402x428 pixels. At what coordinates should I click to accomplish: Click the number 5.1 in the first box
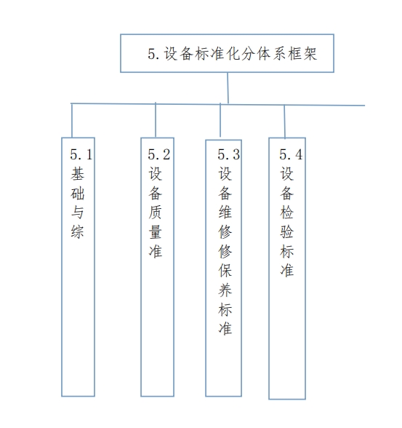click(x=81, y=154)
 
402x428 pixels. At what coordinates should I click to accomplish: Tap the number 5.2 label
click(x=159, y=154)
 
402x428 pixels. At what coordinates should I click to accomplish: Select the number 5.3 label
click(x=229, y=154)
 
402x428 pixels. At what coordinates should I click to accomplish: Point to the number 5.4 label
click(x=291, y=154)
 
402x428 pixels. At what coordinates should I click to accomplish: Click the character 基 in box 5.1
click(x=77, y=174)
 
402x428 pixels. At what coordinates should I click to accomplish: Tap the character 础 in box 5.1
click(x=77, y=194)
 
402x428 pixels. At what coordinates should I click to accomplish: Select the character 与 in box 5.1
click(x=77, y=213)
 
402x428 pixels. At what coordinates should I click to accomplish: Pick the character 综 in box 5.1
click(x=77, y=231)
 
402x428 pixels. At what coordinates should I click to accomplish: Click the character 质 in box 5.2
click(x=156, y=213)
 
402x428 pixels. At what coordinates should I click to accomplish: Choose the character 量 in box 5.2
click(x=156, y=231)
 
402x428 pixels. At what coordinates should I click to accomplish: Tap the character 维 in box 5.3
click(x=225, y=213)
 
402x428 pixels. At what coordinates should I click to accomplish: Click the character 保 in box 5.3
click(x=225, y=271)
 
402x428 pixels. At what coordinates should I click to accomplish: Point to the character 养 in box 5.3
click(x=225, y=290)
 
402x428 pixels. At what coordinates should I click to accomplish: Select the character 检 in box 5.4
click(x=286, y=213)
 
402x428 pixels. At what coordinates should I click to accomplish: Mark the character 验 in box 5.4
click(x=286, y=231)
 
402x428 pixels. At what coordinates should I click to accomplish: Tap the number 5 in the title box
click(x=151, y=54)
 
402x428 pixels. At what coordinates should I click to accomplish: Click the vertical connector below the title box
click(x=228, y=88)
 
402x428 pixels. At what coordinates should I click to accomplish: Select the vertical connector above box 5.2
click(x=156, y=120)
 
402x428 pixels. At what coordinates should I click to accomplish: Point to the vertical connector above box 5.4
click(x=284, y=122)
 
